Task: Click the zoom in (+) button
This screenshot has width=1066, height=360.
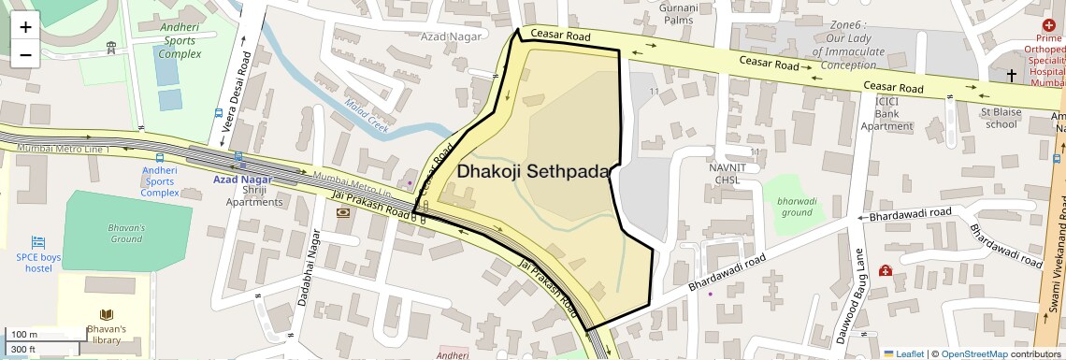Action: pyautogui.click(x=25, y=27)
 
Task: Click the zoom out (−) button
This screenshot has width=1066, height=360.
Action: pyautogui.click(x=25, y=54)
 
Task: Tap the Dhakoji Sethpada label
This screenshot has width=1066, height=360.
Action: pyautogui.click(x=532, y=172)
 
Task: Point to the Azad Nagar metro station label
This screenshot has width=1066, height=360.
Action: pyautogui.click(x=242, y=179)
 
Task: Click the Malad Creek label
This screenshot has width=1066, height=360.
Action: pyautogui.click(x=366, y=117)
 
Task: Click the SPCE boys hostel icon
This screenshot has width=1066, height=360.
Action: pyautogui.click(x=38, y=242)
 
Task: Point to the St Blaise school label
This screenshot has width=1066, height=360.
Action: pyautogui.click(x=999, y=118)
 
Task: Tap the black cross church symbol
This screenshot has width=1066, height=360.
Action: pyautogui.click(x=1011, y=74)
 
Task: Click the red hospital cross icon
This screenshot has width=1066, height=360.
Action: pyautogui.click(x=1048, y=23)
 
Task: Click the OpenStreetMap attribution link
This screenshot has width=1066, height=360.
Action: pyautogui.click(x=973, y=353)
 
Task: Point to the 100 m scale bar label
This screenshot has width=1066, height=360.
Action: pyautogui.click(x=24, y=334)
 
